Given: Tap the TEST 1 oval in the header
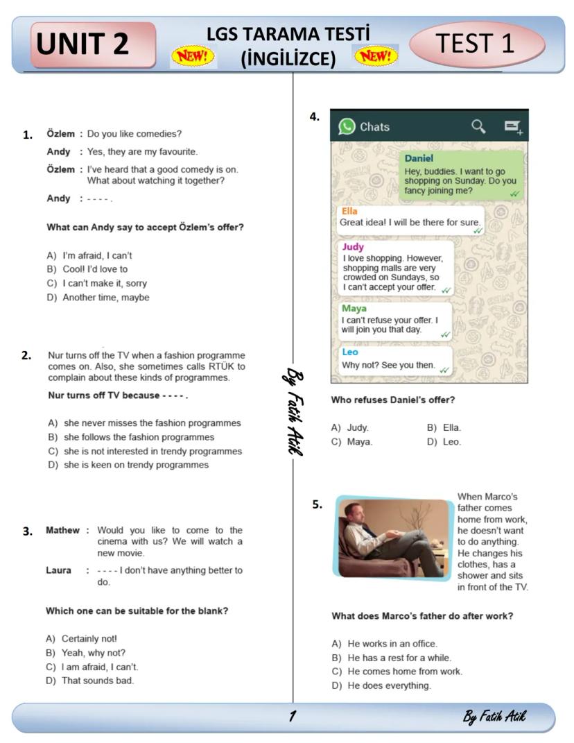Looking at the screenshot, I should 477,44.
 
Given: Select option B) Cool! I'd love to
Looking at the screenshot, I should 87,269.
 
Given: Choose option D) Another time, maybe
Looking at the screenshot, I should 98,298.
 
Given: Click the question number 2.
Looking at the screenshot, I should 26,356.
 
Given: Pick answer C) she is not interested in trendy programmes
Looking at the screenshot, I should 145,451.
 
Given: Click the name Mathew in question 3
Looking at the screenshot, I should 62,530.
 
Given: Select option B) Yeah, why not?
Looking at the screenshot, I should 86,652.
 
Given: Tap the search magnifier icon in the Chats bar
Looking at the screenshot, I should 478,126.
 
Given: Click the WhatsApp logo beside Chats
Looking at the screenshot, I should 347,126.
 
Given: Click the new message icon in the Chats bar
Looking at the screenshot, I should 513,126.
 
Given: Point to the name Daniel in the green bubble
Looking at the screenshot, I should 419,158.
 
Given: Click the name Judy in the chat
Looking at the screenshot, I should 353,246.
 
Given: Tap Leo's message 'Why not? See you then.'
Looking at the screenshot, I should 388,365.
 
